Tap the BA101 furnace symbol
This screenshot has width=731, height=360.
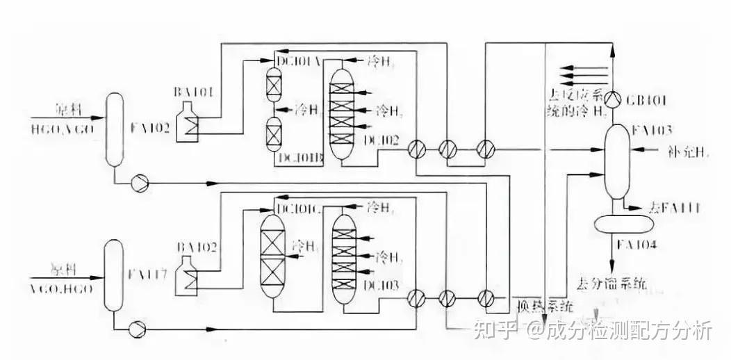coord(188,123)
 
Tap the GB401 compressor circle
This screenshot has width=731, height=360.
coord(612,98)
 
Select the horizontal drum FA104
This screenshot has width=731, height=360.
coord(624,224)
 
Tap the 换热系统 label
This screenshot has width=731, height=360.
coord(545,305)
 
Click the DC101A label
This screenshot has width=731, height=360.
coord(297,61)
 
